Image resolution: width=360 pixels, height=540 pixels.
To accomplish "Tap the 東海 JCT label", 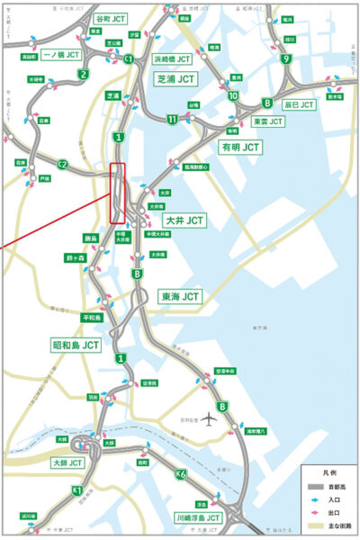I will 180,295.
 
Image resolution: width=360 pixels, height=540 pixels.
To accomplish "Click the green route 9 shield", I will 285,60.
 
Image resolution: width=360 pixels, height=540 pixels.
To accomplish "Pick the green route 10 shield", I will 233,96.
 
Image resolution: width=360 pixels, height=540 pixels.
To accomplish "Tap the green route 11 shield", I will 171,118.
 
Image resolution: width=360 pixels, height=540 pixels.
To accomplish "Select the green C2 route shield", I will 62,164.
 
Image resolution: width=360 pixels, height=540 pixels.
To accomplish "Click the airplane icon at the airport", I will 209,419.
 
